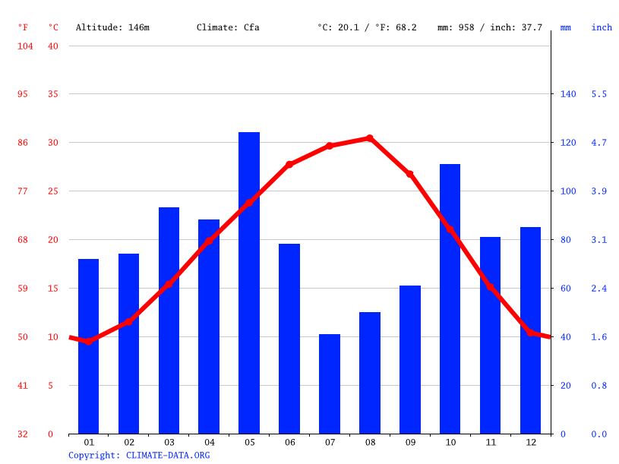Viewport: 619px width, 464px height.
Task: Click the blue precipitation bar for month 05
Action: click(x=249, y=283)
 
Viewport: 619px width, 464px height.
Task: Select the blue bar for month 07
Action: click(x=330, y=384)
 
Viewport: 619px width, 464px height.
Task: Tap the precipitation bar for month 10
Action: click(x=450, y=298)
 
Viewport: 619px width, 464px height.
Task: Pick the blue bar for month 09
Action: click(x=410, y=359)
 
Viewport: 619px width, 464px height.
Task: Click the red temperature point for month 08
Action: click(x=370, y=138)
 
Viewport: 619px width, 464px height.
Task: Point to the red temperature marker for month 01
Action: click(x=89, y=341)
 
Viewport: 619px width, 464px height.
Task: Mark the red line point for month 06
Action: click(x=289, y=164)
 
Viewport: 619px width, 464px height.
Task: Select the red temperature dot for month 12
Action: click(x=531, y=333)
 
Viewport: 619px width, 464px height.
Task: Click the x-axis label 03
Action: click(x=169, y=442)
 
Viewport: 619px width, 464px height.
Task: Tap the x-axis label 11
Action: click(x=491, y=442)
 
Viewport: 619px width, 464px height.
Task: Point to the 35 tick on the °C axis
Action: click(x=52, y=94)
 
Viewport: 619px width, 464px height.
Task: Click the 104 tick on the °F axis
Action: click(x=24, y=46)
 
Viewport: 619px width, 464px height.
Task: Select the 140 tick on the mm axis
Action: click(x=568, y=94)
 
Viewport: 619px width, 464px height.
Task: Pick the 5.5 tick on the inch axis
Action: click(x=599, y=94)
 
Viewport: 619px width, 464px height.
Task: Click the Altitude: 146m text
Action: click(x=112, y=27)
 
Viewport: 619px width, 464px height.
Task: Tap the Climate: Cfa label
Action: click(x=228, y=27)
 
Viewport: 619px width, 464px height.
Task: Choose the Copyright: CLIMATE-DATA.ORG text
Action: click(x=139, y=455)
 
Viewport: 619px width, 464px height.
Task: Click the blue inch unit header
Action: click(x=602, y=27)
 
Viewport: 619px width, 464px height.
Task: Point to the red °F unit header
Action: click(x=24, y=27)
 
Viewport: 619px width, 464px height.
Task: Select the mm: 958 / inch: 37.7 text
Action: click(x=490, y=27)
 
